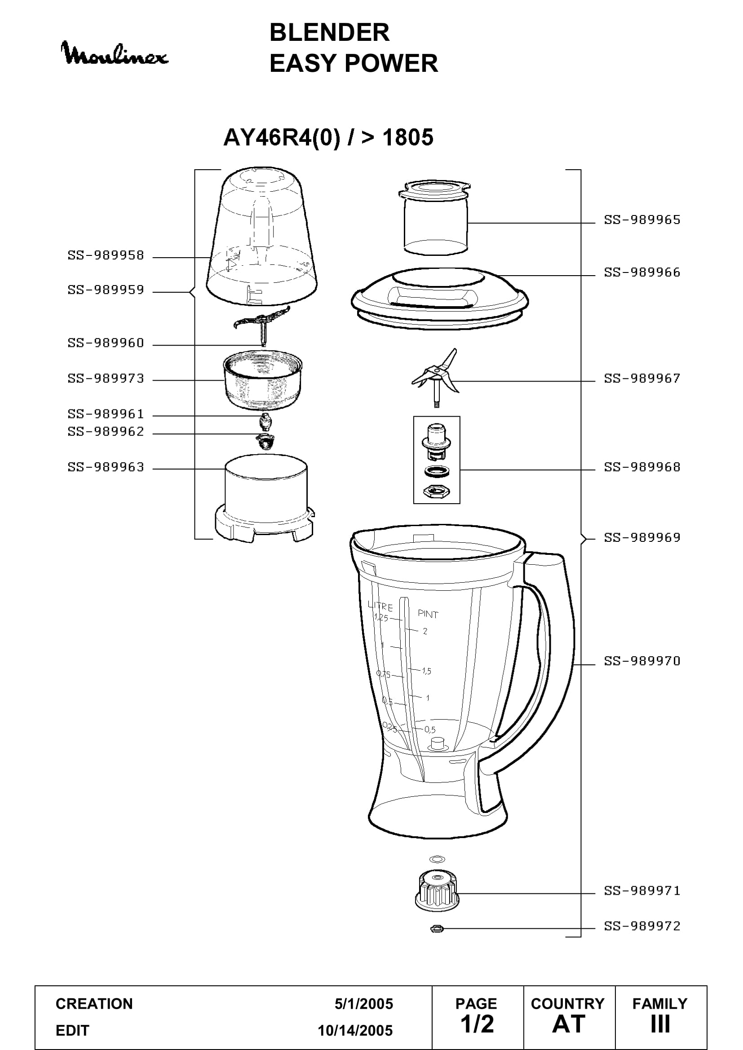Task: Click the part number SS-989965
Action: point(642,220)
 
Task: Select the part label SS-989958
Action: point(106,255)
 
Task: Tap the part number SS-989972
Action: point(642,926)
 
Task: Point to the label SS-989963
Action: point(106,467)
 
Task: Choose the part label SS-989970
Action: point(642,661)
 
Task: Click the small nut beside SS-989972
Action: point(437,928)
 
